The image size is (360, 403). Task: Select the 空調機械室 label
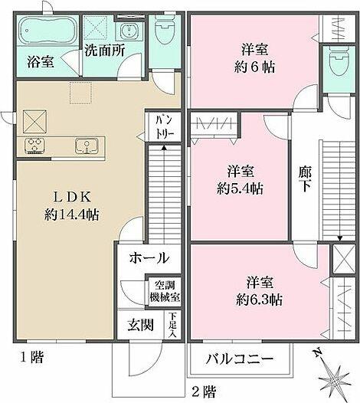163,290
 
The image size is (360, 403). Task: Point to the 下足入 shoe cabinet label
173,324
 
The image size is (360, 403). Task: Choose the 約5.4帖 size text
240,187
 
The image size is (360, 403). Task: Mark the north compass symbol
334,375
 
